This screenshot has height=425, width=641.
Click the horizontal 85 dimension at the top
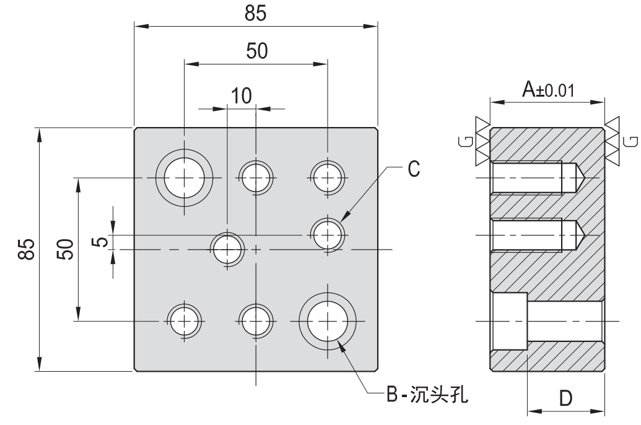pyautogui.click(x=256, y=14)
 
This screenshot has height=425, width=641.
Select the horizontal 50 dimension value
pyautogui.click(x=256, y=51)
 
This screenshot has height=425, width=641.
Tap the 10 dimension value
pyautogui.click(x=242, y=95)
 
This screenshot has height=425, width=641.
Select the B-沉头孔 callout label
pyautogui.click(x=425, y=394)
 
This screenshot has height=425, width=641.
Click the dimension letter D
pyautogui.click(x=565, y=397)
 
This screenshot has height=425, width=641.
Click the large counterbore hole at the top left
pyautogui.click(x=184, y=178)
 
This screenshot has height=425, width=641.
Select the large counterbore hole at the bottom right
pyautogui.click(x=328, y=321)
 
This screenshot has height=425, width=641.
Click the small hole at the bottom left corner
pyautogui.click(x=185, y=321)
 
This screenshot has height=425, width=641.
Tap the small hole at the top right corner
pyautogui.click(x=328, y=178)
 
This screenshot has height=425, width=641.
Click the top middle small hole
pyautogui.click(x=256, y=178)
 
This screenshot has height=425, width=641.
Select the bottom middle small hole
pyautogui.click(x=256, y=321)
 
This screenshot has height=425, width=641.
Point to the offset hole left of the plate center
pyautogui.click(x=228, y=249)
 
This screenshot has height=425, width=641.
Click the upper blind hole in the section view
pyautogui.click(x=533, y=178)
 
